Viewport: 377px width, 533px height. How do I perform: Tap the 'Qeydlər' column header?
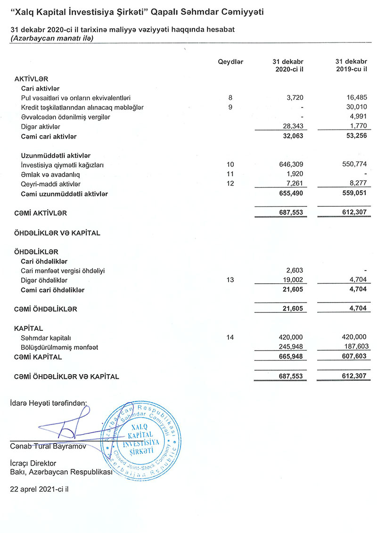230,62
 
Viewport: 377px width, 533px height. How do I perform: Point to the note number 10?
230,165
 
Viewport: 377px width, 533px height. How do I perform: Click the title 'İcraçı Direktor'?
33,463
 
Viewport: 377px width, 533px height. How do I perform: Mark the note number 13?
230,280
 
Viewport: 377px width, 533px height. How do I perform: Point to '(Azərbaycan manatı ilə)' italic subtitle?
51,38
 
